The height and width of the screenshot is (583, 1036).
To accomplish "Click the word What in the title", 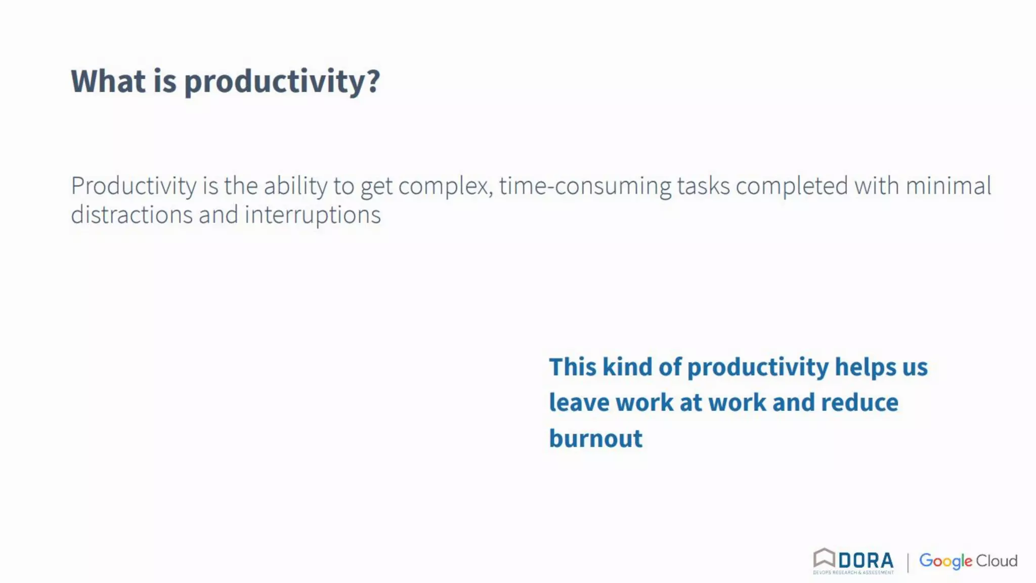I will click(108, 81).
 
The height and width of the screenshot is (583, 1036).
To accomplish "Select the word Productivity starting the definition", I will click(134, 186).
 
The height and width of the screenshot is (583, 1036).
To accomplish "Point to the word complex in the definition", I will click(444, 186).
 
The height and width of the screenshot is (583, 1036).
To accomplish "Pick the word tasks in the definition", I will click(703, 186).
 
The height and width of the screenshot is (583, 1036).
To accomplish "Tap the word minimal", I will click(948, 186).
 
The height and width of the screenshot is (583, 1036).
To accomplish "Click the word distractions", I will click(132, 215).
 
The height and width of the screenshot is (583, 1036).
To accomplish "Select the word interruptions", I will click(313, 215).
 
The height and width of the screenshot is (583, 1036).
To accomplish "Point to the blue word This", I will click(573, 367).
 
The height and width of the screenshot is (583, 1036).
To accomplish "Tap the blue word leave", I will click(579, 403).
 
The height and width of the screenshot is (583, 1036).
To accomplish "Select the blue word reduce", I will click(859, 403).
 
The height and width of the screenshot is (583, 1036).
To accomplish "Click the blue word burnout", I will click(595, 438).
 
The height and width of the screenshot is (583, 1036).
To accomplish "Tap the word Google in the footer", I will click(945, 561).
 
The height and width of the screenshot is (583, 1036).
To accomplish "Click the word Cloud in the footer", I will click(996, 561).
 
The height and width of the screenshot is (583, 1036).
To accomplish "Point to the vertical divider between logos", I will click(908, 562).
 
